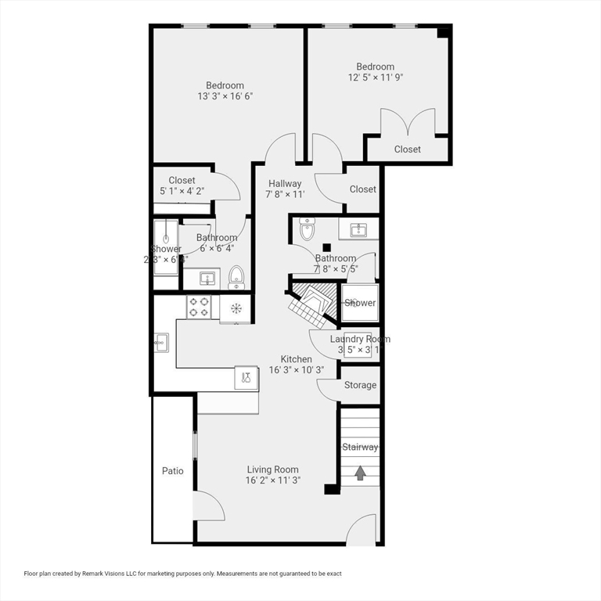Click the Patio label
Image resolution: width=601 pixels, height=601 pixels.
click(x=173, y=471)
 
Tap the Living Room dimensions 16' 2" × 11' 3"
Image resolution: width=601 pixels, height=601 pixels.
click(x=273, y=480)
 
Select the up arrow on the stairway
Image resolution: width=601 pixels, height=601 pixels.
click(x=360, y=473)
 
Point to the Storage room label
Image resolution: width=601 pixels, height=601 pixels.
click(x=360, y=385)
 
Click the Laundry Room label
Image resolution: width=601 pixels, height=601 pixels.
click(x=359, y=339)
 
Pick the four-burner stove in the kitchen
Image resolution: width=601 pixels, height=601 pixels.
click(x=199, y=306)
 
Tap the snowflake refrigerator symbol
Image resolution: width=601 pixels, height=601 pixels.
click(x=235, y=307)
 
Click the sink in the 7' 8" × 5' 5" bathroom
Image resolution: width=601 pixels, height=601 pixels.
click(x=359, y=229)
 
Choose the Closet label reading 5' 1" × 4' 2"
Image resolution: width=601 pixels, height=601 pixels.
click(x=182, y=190)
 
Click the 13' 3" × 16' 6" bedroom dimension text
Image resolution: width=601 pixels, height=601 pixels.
click(x=225, y=96)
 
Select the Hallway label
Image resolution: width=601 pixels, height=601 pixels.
click(x=285, y=184)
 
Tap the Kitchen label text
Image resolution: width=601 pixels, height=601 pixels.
click(x=290, y=359)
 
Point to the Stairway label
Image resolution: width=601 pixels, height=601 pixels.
click(x=360, y=448)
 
